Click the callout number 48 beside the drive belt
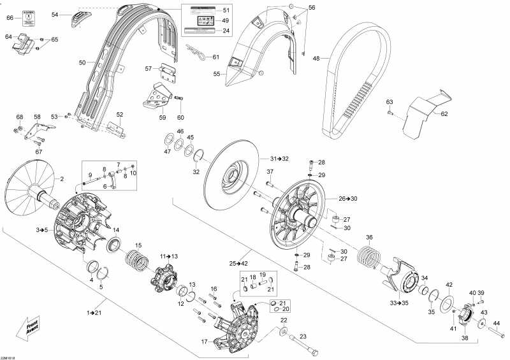tap(316, 58)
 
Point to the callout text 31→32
tap(279, 158)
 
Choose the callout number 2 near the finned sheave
tap(62, 180)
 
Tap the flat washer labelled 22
tap(282, 332)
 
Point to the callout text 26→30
tap(348, 199)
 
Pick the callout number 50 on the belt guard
tap(82, 62)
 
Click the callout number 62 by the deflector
tap(444, 114)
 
